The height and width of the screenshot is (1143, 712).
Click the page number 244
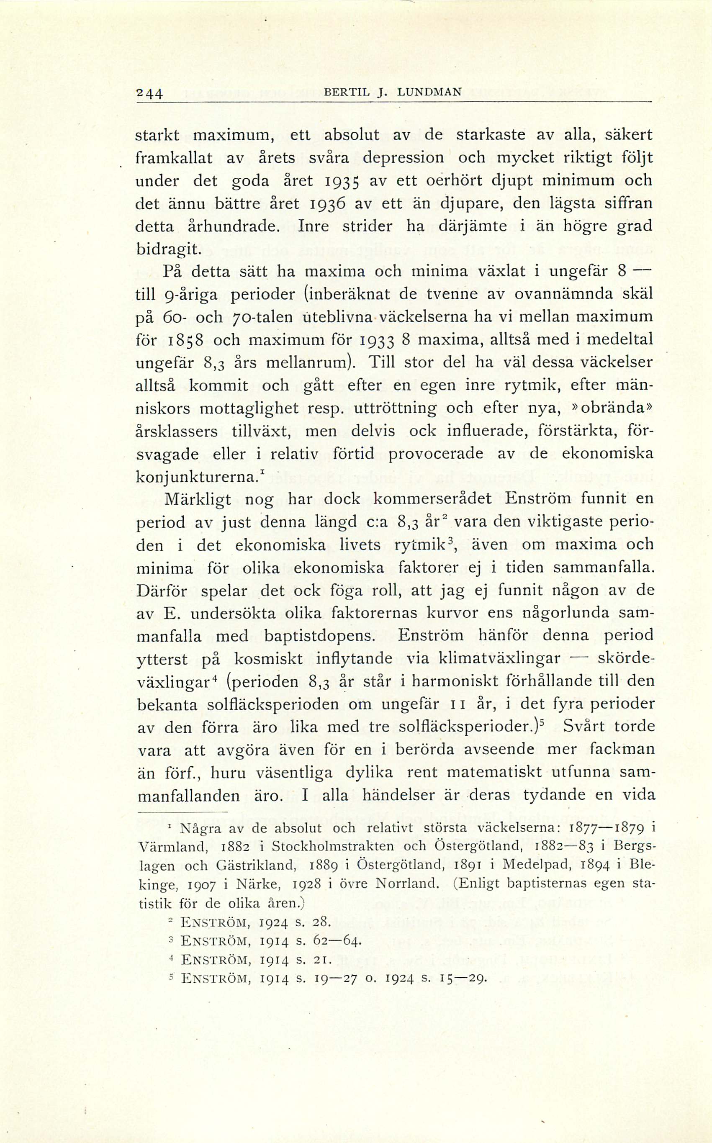coord(149,93)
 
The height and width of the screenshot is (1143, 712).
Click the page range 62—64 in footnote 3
coord(337,942)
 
